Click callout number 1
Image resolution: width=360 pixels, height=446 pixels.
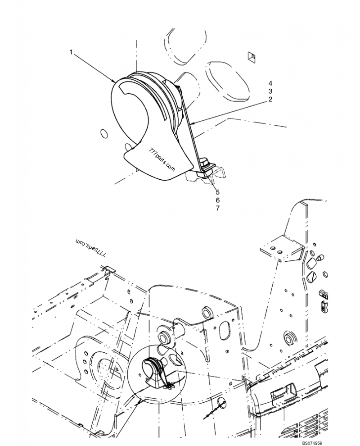click(71, 52)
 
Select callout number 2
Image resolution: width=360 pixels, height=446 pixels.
click(270, 99)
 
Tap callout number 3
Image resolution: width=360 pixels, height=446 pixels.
click(270, 91)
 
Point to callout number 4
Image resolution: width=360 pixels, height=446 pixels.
click(270, 83)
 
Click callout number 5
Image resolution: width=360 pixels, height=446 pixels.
click(218, 192)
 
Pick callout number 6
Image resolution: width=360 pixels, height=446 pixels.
click(218, 200)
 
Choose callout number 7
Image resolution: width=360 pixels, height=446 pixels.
click(218, 208)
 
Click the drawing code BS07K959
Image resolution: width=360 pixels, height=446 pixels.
click(313, 443)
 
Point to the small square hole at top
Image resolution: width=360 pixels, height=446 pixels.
click(251, 57)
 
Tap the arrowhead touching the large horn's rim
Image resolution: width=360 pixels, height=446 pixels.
click(114, 81)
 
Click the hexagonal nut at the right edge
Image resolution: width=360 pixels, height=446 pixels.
click(326, 274)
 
